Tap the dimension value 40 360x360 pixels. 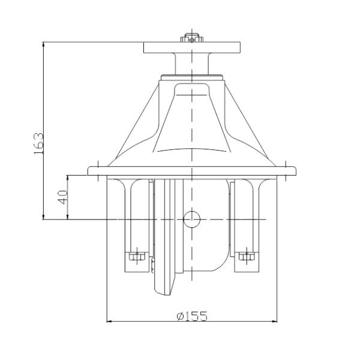tap(62, 197)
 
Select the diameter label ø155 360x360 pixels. tap(192, 316)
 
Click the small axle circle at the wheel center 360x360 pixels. tap(191, 219)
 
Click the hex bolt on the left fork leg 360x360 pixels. tap(137, 257)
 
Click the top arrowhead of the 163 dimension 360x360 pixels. tap(44, 43)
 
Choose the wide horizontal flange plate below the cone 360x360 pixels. tap(192, 171)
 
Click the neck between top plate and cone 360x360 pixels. tap(191, 62)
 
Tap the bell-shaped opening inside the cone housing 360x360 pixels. tap(192, 120)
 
